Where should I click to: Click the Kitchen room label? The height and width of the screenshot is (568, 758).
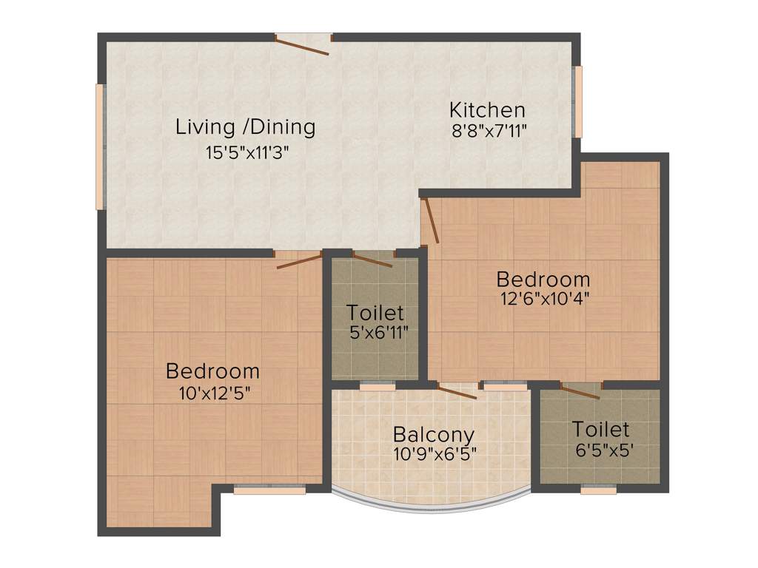click(487, 110)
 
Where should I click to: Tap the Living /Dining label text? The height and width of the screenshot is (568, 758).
click(245, 126)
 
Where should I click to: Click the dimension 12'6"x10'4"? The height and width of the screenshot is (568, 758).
click(543, 300)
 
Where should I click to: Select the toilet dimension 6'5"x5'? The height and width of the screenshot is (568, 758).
click(600, 450)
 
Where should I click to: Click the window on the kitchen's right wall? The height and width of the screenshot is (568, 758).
click(579, 101)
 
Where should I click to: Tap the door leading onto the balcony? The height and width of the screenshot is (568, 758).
click(457, 390)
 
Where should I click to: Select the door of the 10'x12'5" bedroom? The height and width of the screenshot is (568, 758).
click(299, 259)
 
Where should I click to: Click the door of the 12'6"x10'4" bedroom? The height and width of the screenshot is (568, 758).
click(431, 221)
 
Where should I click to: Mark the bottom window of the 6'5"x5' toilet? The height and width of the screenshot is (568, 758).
click(598, 489)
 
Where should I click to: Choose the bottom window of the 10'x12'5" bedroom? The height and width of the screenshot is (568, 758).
click(269, 489)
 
